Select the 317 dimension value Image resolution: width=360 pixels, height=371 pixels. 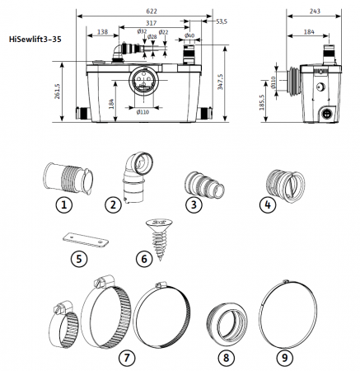[x=151, y=24]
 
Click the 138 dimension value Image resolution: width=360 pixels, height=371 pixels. [x=103, y=31]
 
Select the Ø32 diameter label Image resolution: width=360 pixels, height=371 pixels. [x=142, y=32]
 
